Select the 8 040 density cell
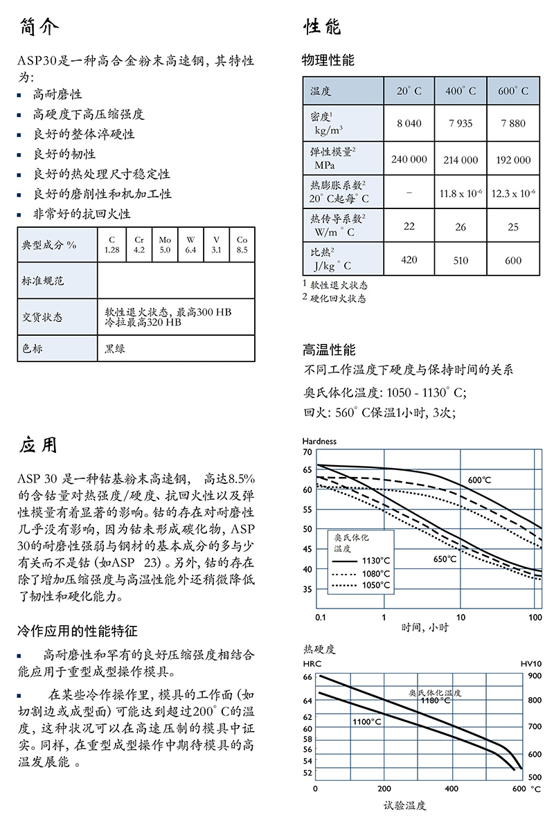click(x=409, y=123)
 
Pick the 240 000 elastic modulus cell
click(x=409, y=159)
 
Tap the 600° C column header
click(x=513, y=91)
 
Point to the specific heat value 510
click(x=461, y=260)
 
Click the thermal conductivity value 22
click(x=409, y=226)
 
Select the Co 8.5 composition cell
click(x=242, y=244)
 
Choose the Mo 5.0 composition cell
click(x=165, y=244)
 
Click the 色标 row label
click(x=33, y=348)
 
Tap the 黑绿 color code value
click(x=116, y=348)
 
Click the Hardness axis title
click(x=319, y=441)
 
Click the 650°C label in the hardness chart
click(x=445, y=559)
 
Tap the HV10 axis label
click(x=530, y=663)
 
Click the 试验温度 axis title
click(x=405, y=805)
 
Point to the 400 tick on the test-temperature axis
click(x=452, y=789)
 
